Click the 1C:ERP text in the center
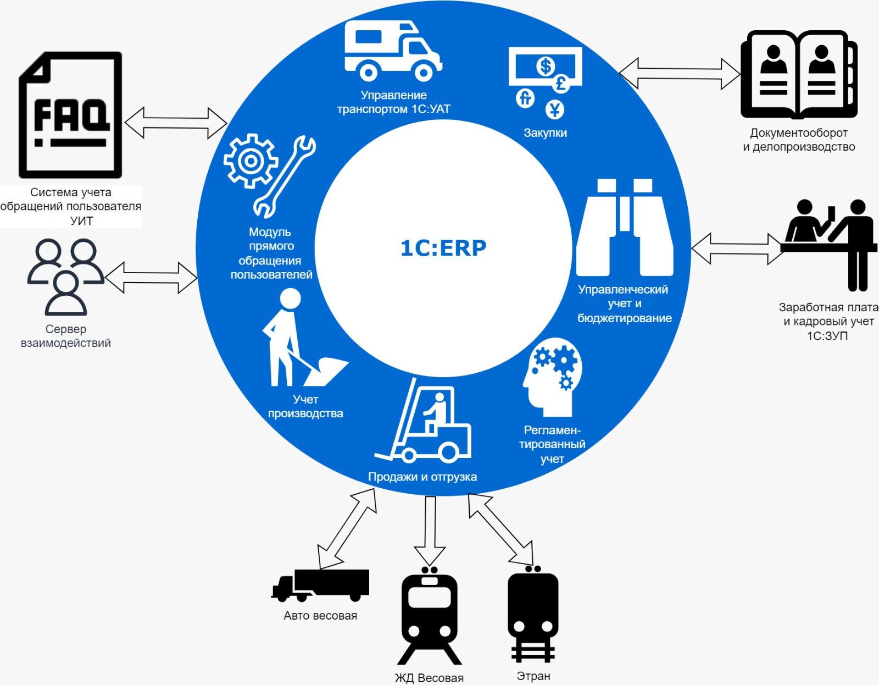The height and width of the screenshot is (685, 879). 443,248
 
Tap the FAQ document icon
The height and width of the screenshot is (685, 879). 70,115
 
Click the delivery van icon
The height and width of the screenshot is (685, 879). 392,51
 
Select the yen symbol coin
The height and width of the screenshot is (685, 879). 555,110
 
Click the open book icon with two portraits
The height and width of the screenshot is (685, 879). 798,75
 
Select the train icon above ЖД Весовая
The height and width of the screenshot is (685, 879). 429,616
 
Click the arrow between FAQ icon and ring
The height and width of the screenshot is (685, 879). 176,122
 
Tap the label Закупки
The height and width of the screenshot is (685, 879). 545,132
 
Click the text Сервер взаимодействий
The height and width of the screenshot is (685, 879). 66,336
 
